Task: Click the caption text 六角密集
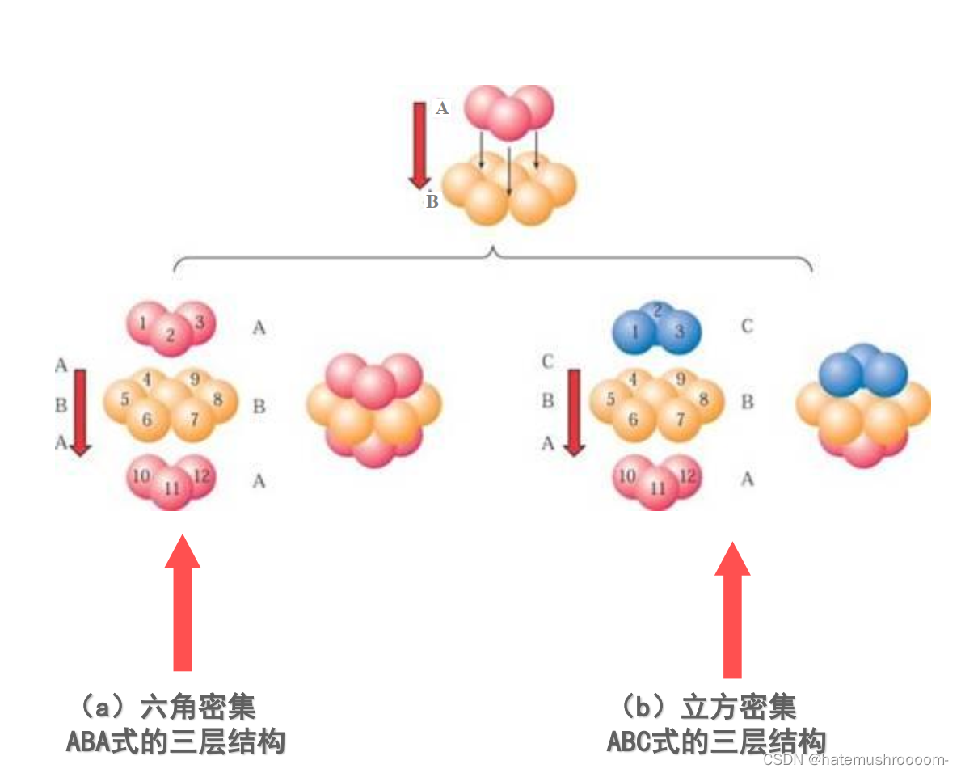[198, 706]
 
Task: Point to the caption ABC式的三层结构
[716, 741]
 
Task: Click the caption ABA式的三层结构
[175, 741]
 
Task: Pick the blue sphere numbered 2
[658, 311]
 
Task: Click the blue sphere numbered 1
[635, 332]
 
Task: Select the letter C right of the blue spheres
[747, 327]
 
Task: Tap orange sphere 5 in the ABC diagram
[611, 399]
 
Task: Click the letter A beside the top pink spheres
[442, 108]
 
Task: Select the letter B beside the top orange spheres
[432, 201]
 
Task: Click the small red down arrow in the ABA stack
[80, 412]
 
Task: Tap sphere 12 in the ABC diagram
[688, 475]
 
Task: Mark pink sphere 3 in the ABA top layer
[199, 322]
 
